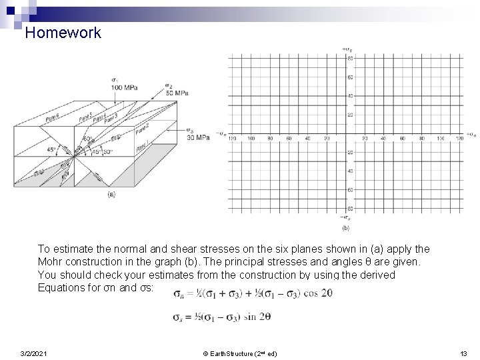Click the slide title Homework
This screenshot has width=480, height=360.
click(63, 33)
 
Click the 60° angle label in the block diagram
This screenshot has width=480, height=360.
click(87, 139)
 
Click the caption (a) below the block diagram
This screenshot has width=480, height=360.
click(113, 194)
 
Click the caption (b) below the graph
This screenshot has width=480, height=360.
click(346, 228)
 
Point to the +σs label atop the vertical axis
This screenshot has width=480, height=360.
click(347, 49)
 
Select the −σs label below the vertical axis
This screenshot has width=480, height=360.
click(346, 218)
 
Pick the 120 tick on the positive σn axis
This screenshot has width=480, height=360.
click(459, 139)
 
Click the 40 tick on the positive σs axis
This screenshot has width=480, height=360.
click(350, 96)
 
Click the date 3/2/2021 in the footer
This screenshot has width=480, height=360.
click(33, 353)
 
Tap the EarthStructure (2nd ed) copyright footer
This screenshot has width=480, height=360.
click(240, 353)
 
